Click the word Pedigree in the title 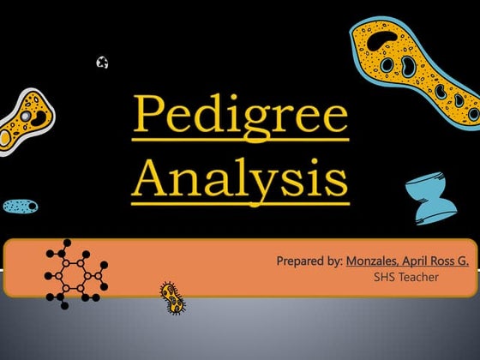click(x=240, y=115)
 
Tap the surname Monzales click(x=375, y=260)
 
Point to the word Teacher click(x=419, y=277)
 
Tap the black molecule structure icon click(x=77, y=274)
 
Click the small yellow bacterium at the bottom click(x=172, y=298)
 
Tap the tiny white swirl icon click(x=103, y=62)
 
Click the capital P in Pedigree click(x=147, y=115)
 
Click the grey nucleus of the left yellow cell click(x=27, y=115)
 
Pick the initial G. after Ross click(x=464, y=260)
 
